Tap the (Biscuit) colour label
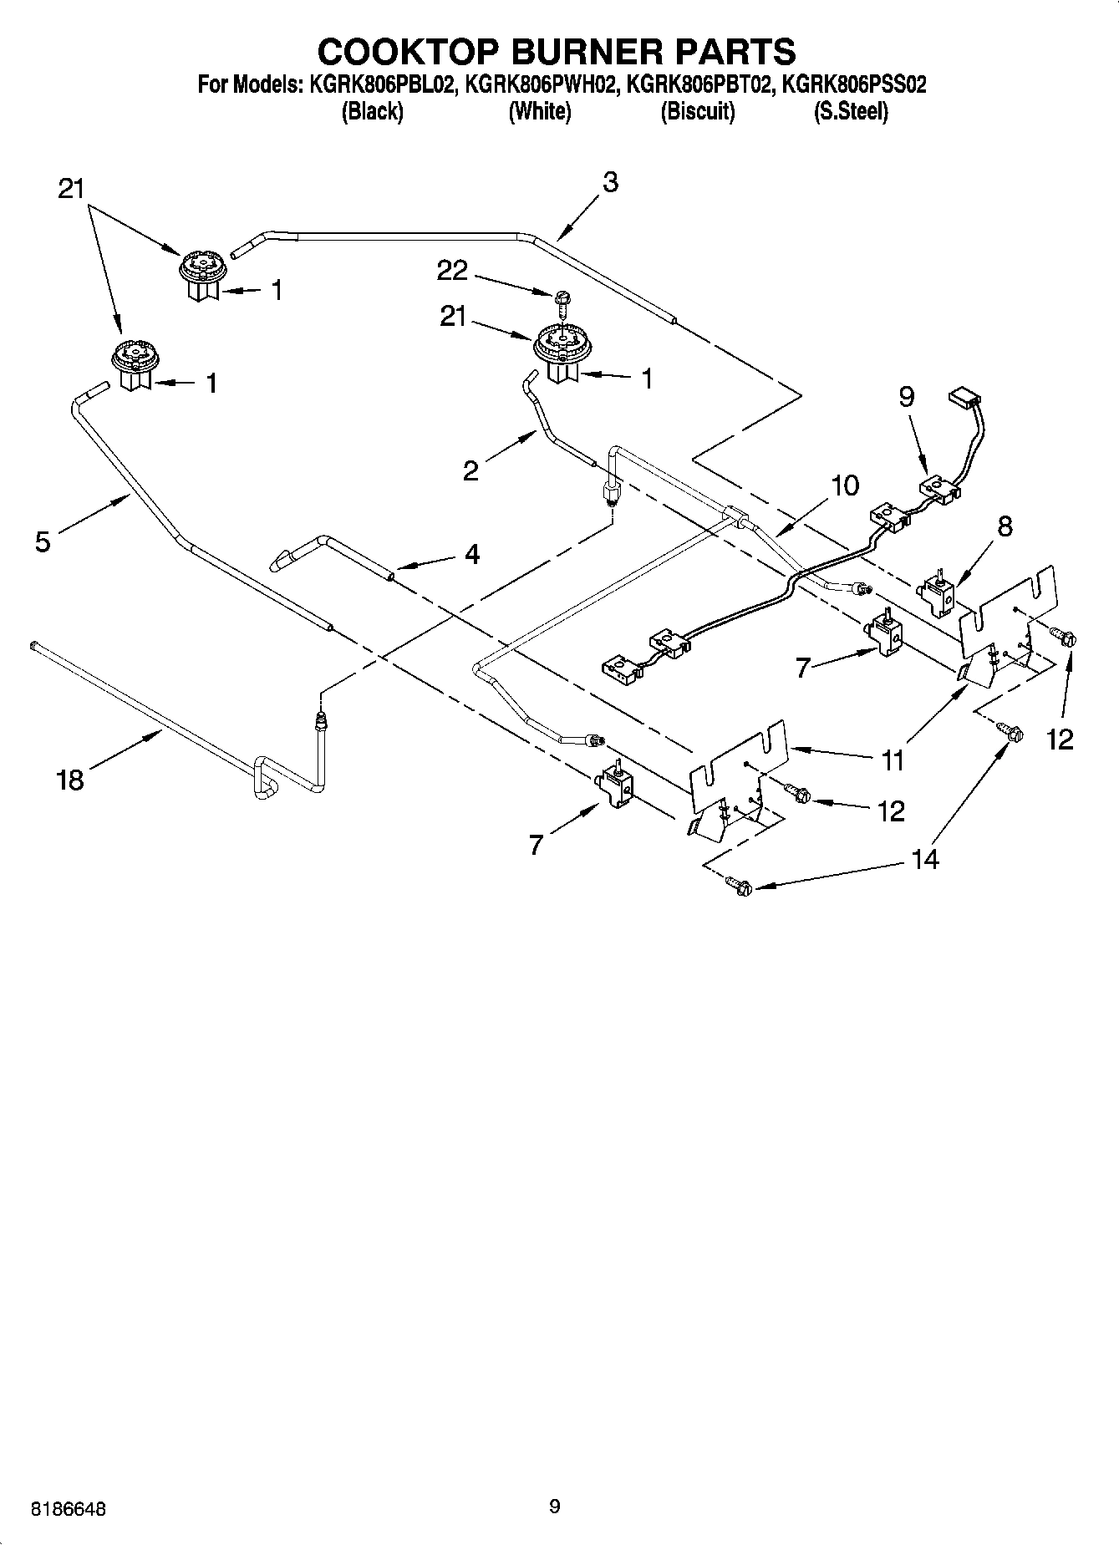click(x=697, y=111)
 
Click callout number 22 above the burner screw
click(x=452, y=271)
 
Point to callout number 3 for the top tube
click(x=610, y=182)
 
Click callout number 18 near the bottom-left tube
click(x=70, y=780)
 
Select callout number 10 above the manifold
click(x=845, y=485)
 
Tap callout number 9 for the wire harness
click(x=907, y=398)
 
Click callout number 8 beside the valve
click(x=1005, y=526)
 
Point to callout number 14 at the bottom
click(x=924, y=858)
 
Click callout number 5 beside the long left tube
click(x=42, y=541)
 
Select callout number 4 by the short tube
click(x=472, y=554)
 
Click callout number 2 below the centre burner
click(x=470, y=470)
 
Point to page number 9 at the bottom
click(x=554, y=1507)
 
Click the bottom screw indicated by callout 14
click(x=738, y=885)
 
